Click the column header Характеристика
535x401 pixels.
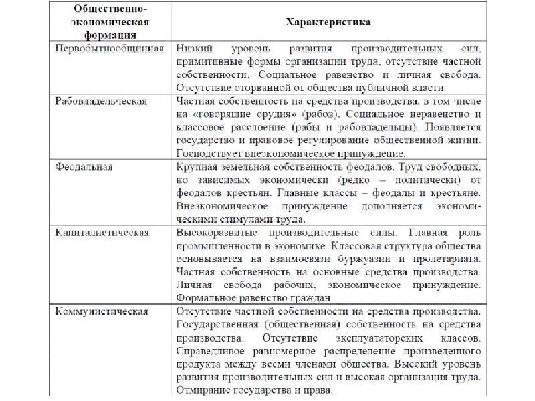328,22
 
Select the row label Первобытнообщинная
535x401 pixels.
109,49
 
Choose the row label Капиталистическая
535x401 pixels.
101,232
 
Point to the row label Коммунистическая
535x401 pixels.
101,311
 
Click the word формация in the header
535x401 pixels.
109,35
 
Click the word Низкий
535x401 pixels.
195,49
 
